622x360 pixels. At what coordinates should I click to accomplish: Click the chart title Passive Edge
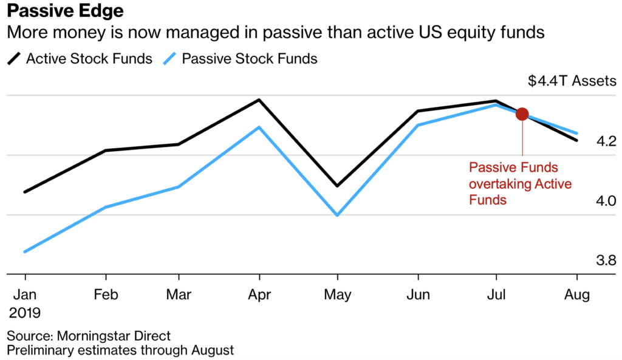[x=65, y=11]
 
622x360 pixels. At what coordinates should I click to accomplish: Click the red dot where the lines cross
[x=522, y=114]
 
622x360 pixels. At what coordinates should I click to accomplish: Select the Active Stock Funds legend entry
[x=80, y=59]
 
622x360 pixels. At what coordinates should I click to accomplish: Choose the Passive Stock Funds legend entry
[x=241, y=59]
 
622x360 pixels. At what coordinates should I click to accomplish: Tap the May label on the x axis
[x=337, y=295]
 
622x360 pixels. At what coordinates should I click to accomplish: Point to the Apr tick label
[x=259, y=295]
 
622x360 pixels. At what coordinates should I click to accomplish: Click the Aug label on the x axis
[x=577, y=295]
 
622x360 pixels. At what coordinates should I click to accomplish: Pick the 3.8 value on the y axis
[x=606, y=260]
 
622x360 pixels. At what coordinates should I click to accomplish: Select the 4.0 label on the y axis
[x=606, y=200]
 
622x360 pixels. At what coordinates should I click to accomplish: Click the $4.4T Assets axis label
[x=572, y=81]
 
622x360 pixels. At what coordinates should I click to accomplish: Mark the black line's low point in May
[x=337, y=186]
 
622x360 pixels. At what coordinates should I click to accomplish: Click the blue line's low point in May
[x=337, y=215]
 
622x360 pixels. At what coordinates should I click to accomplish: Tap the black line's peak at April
[x=259, y=100]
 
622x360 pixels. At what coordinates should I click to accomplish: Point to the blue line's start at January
[x=25, y=252]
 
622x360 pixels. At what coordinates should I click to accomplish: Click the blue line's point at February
[x=106, y=207]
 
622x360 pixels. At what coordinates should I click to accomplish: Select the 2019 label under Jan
[x=24, y=313]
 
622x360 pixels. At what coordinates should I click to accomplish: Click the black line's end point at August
[x=577, y=140]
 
